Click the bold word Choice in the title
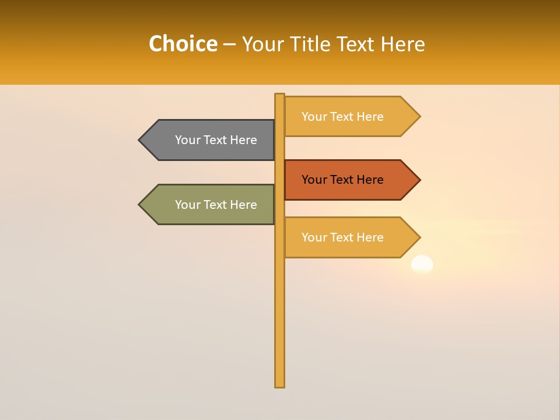(x=183, y=44)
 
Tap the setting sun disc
(x=422, y=264)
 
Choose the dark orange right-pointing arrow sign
(x=350, y=180)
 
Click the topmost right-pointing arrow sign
(x=350, y=117)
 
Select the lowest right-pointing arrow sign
(x=350, y=237)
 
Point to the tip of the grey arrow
(x=140, y=140)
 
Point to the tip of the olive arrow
(x=140, y=205)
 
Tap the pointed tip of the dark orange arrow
(x=419, y=180)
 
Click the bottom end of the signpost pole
(x=280, y=384)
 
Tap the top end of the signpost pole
(x=280, y=96)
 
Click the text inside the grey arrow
(x=216, y=140)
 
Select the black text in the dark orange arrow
(x=342, y=180)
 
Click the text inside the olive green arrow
(x=216, y=205)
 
